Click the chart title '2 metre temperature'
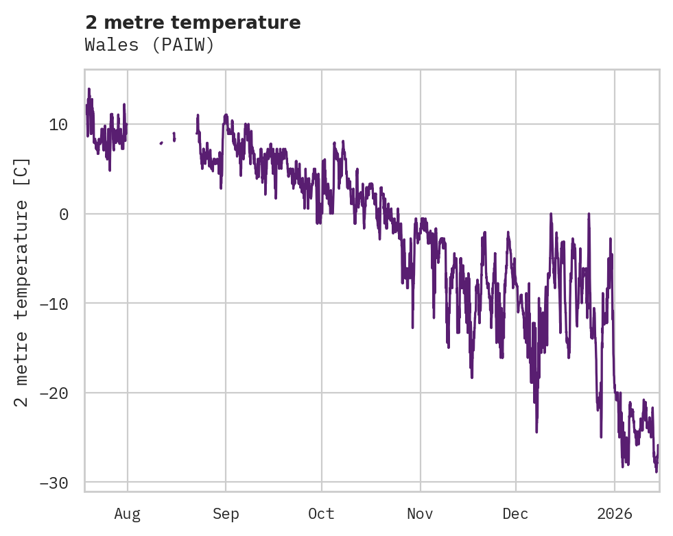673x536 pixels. [193, 23]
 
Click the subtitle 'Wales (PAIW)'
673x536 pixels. [150, 45]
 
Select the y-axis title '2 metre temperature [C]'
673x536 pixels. [23, 282]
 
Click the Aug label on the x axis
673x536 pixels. [128, 513]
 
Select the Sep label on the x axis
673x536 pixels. [226, 513]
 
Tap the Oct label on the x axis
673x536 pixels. [321, 513]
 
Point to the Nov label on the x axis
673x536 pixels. [420, 513]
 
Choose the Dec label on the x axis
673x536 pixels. [515, 513]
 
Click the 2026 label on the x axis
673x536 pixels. [615, 513]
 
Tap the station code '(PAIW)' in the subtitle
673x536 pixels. [183, 45]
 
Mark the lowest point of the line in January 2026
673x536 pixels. [656, 472]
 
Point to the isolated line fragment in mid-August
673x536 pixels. [161, 143]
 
